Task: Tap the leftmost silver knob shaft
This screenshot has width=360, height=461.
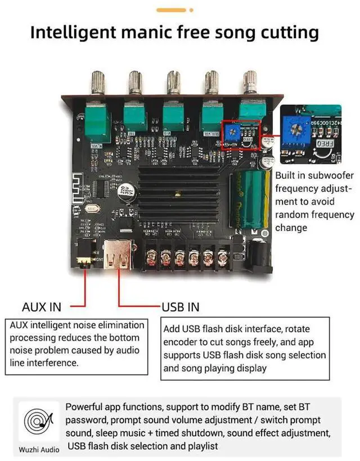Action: coord(97,84)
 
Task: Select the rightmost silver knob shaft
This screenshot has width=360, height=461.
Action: coord(249,84)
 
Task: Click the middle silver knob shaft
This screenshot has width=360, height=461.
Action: coord(173,84)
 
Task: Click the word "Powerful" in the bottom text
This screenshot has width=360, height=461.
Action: coord(91,406)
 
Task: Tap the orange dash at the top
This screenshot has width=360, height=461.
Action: coord(170,10)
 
